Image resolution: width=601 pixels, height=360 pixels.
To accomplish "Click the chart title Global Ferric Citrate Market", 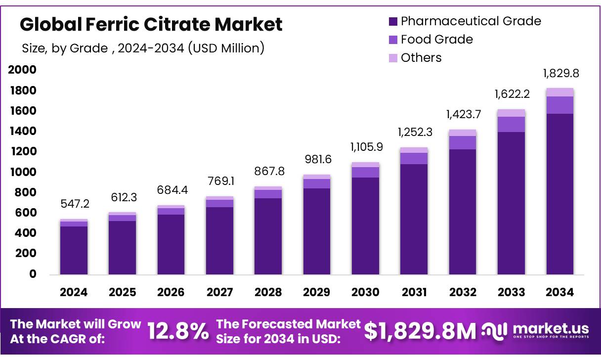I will [151, 24].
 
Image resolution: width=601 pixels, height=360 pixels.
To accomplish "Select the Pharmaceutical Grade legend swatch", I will [393, 21].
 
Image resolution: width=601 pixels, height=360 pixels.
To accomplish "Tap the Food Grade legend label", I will [436, 40].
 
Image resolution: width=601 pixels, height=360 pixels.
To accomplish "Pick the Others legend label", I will [421, 58].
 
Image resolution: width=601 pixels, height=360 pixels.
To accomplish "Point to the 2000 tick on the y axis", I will [22, 70].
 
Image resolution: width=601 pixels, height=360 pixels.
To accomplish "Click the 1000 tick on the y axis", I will [22, 172].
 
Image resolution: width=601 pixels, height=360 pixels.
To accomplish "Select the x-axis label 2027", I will [219, 292].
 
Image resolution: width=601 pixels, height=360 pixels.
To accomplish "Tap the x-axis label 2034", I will [559, 292].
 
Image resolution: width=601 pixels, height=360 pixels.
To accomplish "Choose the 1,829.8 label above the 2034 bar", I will [560, 74].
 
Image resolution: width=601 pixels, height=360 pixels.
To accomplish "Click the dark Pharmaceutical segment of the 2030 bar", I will [365, 225].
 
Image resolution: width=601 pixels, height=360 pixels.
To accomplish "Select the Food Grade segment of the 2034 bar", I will [560, 105].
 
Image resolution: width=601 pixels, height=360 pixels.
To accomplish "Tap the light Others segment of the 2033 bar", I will [511, 113].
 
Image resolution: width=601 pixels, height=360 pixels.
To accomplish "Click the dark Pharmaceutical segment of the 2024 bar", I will [74, 250].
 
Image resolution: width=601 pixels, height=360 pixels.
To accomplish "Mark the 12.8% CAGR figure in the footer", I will [178, 332].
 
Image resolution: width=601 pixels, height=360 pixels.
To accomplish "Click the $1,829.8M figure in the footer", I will [420, 332].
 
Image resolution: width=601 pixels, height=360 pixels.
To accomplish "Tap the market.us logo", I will [536, 330].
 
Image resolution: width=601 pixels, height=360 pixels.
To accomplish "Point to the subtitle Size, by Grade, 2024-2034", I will [143, 48].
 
